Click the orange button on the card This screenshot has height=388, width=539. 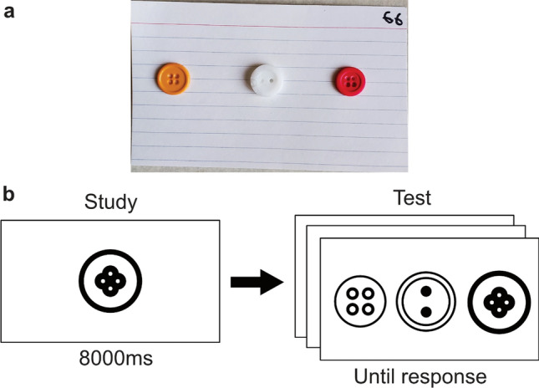[174, 81]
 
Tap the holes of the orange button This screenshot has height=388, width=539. [174, 81]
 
